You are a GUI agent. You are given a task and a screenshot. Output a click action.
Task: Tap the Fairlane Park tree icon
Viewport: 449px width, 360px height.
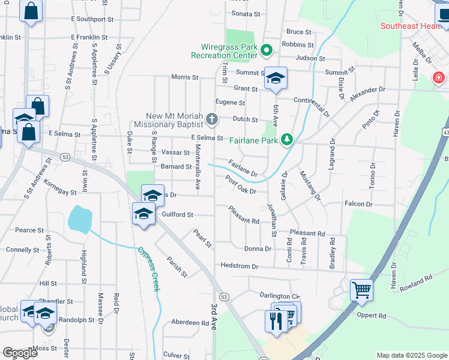tap(288, 140)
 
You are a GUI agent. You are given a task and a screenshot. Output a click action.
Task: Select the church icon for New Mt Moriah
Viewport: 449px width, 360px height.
tap(211, 120)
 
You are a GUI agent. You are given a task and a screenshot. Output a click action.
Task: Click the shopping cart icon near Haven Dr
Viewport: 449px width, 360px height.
tap(362, 291)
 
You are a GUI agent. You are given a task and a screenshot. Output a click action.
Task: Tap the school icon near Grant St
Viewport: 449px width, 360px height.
tap(276, 79)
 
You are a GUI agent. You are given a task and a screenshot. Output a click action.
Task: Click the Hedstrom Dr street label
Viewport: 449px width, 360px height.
tap(239, 266)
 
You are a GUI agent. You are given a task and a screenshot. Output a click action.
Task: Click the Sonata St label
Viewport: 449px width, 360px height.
tap(246, 13)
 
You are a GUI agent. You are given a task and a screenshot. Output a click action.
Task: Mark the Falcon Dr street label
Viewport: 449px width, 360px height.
tap(359, 205)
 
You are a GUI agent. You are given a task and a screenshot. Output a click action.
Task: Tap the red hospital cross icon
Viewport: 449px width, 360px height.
tap(439, 78)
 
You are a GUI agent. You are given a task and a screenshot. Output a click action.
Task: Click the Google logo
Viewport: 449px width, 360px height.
tap(20, 353)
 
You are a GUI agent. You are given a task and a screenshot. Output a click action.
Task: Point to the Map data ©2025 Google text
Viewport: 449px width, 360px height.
tap(412, 355)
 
